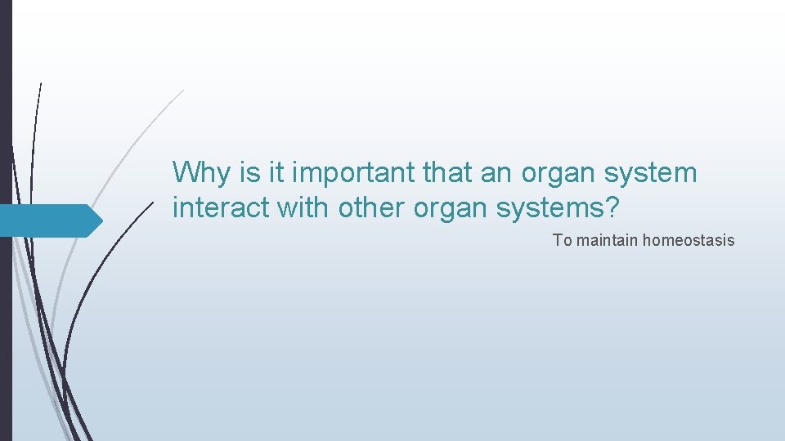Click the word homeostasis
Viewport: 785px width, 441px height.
[689, 240]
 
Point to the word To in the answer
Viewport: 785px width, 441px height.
[562, 240]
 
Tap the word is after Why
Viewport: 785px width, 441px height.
[249, 173]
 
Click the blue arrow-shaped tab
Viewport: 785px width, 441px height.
[45, 220]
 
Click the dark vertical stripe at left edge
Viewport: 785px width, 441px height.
[6, 220]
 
